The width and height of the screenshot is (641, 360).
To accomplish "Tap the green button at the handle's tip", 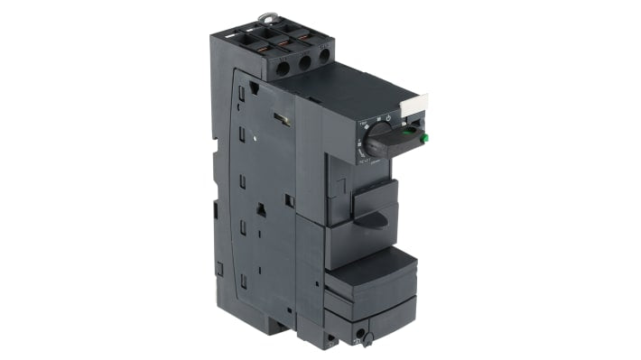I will coord(423,138).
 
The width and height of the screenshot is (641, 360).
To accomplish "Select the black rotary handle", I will coord(398,140).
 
